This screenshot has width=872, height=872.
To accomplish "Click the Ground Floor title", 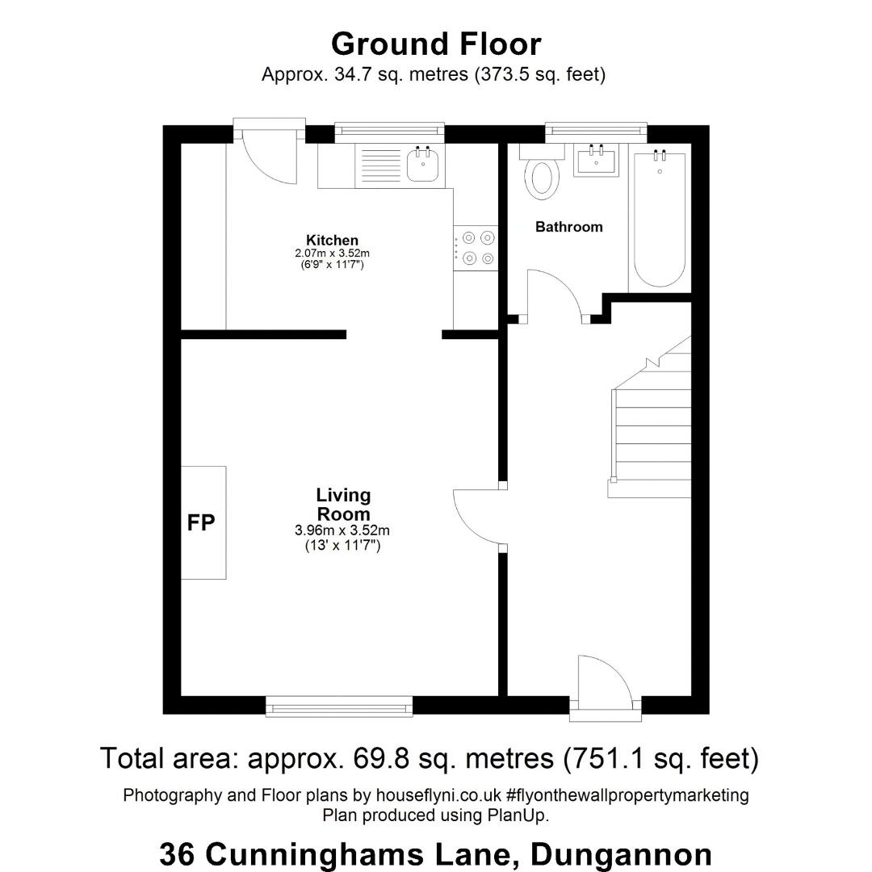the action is [436, 44].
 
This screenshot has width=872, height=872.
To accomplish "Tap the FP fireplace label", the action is [201, 522].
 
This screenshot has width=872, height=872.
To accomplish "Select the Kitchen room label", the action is [332, 241].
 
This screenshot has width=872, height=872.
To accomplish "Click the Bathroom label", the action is [569, 227].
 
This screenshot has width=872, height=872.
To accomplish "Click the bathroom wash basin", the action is [597, 160].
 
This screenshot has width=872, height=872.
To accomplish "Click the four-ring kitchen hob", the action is [476, 248].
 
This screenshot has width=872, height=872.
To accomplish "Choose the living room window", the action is [339, 706].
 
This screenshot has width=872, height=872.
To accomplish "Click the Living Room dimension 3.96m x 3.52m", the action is [342, 530].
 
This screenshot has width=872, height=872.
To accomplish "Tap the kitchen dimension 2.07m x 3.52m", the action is [332, 253].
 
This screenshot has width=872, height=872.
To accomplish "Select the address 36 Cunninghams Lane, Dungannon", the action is [436, 854].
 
